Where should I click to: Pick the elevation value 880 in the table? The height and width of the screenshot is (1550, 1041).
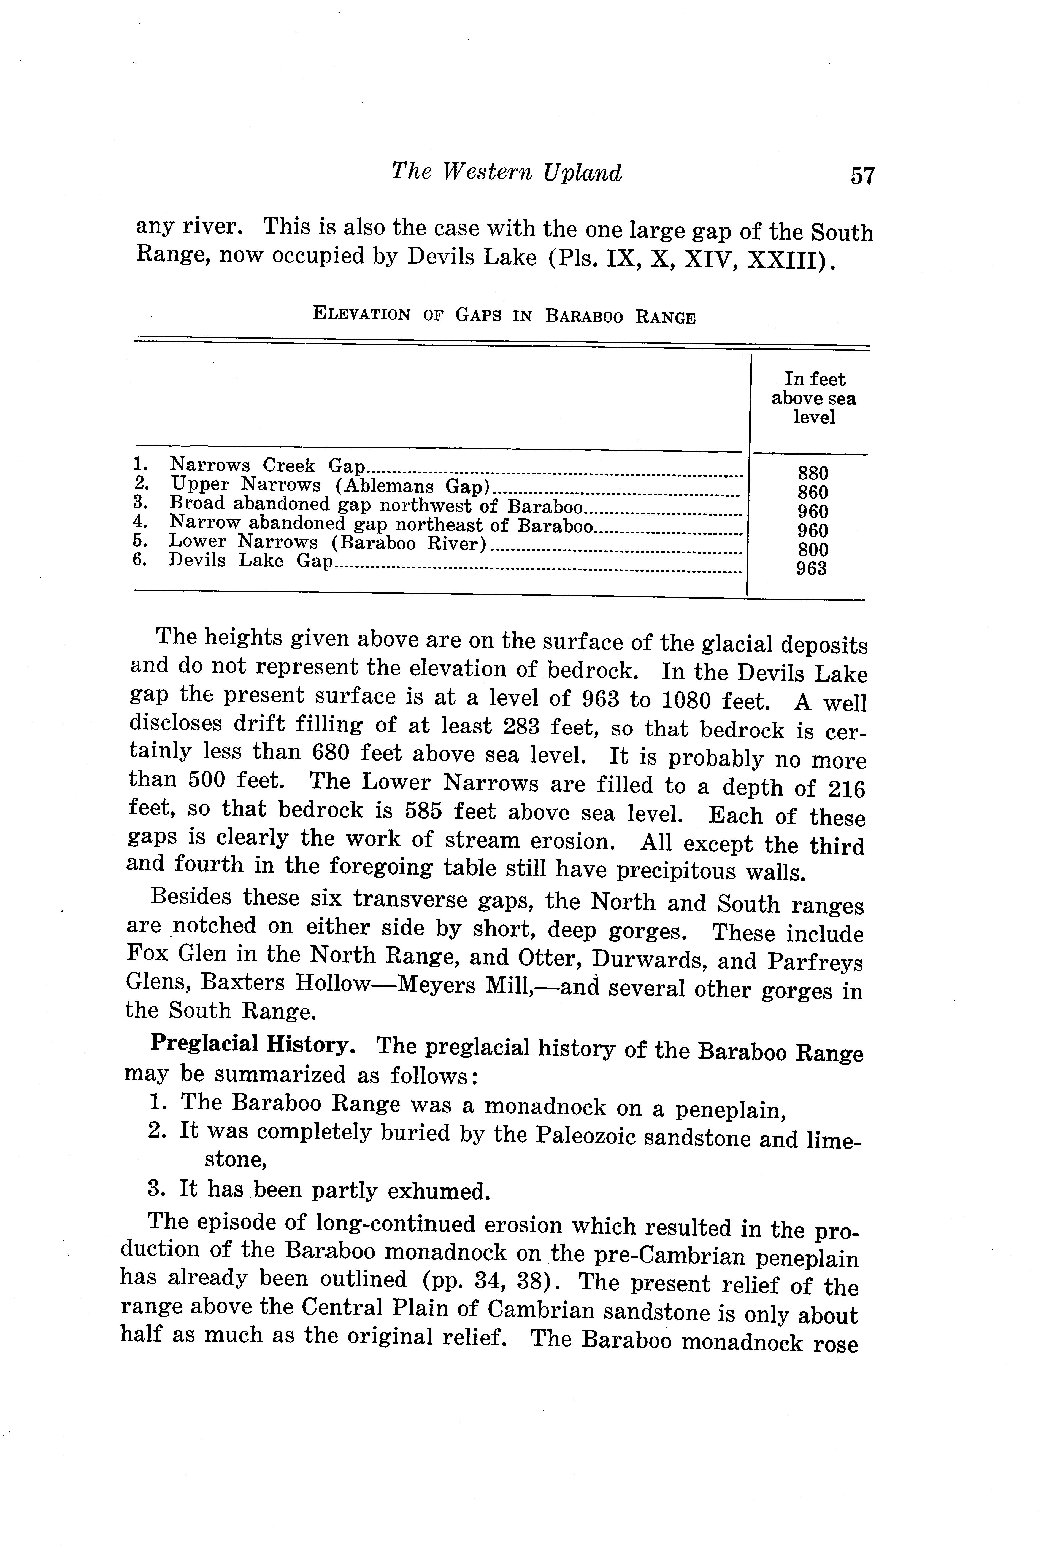coord(813,473)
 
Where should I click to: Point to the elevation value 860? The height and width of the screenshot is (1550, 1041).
coord(813,492)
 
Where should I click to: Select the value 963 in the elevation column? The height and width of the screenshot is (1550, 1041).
coord(811,569)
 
